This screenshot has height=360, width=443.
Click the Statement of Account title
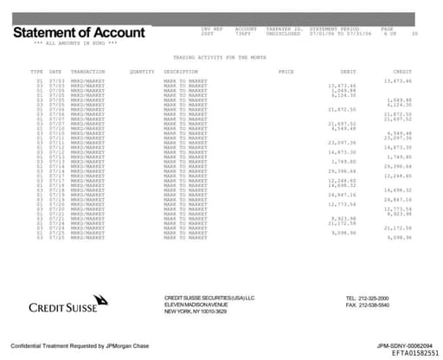(79, 32)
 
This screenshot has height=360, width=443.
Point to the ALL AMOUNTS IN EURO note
(75, 42)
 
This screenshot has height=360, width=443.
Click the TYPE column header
(36, 71)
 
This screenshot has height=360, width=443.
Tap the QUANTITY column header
(141, 71)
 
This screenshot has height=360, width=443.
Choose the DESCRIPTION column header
(181, 71)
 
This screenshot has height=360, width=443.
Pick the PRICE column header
(286, 71)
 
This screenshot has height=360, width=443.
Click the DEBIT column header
(348, 71)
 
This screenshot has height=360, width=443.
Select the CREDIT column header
(402, 71)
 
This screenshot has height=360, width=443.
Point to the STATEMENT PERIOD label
(329, 28)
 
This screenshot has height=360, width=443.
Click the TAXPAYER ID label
(283, 28)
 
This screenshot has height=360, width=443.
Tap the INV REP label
(212, 28)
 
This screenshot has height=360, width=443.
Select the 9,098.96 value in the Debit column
(344, 231)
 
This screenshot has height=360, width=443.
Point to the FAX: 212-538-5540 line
(367, 305)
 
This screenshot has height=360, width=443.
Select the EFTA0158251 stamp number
(409, 353)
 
